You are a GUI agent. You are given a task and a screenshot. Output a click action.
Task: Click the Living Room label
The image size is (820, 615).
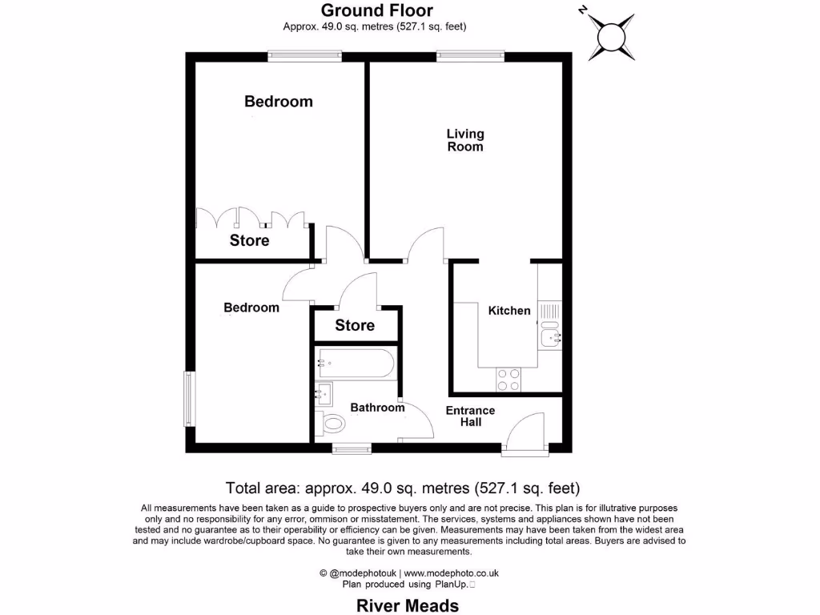(x=465, y=140)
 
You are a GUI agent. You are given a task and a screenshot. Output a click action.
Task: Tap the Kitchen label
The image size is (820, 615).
(x=509, y=311)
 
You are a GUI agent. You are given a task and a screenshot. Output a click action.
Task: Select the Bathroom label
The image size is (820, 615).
(x=377, y=408)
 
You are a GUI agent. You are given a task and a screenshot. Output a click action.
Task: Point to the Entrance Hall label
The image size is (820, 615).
(x=470, y=416)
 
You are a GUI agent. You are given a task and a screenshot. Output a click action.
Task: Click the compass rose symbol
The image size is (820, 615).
(x=611, y=36)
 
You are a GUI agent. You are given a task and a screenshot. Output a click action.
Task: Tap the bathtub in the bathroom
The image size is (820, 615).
(x=356, y=364)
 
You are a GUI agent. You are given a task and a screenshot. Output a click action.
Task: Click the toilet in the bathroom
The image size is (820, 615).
(x=330, y=423)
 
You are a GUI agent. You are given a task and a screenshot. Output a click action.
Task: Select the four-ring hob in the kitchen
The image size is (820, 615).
(x=508, y=379)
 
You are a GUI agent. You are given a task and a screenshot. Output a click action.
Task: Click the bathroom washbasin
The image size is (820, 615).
(x=324, y=392)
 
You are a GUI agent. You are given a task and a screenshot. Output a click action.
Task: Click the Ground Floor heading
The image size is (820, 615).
(x=377, y=10)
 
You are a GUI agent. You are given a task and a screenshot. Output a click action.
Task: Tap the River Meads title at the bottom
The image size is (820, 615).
(x=408, y=605)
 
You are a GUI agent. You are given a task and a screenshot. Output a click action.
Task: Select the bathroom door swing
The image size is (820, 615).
(x=416, y=420)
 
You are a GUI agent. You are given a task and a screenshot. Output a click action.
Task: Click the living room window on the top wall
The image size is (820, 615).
(x=470, y=55)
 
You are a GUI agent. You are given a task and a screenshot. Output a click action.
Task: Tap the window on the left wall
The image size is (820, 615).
(x=189, y=398)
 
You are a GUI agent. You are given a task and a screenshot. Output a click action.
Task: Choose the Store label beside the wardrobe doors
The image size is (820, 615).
(x=249, y=240)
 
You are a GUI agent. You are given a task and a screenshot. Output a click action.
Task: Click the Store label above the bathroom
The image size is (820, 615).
(x=355, y=325)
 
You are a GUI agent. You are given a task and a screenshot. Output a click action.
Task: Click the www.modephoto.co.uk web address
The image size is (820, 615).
(x=451, y=573)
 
